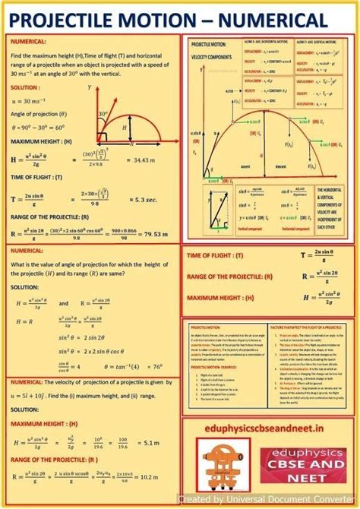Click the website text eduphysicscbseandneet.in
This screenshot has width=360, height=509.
click(x=268, y=430)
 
